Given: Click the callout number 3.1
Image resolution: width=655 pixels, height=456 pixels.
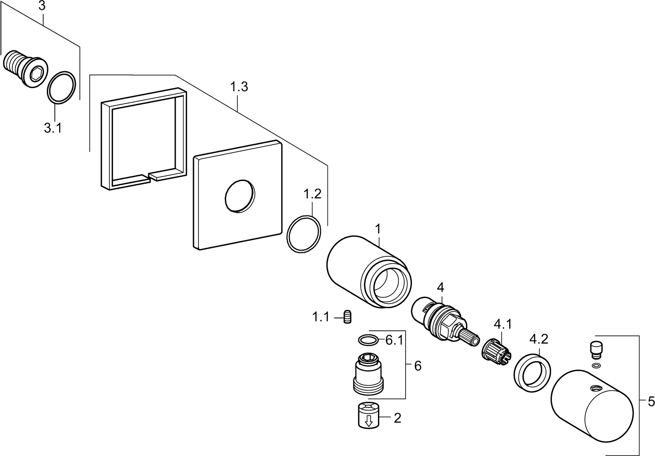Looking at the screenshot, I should coord(53,128).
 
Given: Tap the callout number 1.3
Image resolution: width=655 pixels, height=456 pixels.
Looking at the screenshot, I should coord(239,87).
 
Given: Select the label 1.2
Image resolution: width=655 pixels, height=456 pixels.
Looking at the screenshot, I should coord(312,195).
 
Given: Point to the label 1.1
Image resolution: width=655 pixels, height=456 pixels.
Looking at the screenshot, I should coord(320,317).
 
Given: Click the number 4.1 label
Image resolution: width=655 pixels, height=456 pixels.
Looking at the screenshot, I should coord(502,324).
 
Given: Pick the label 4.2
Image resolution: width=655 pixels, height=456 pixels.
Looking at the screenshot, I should coord(539,339).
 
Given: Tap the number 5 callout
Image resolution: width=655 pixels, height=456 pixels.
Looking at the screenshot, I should coord(651,402).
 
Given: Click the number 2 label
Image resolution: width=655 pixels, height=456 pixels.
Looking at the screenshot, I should coord(397,418).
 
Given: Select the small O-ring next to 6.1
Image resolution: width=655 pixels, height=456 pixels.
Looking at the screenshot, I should coord(367,339).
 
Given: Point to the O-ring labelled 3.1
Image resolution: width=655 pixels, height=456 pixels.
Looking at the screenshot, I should coord(62,88).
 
